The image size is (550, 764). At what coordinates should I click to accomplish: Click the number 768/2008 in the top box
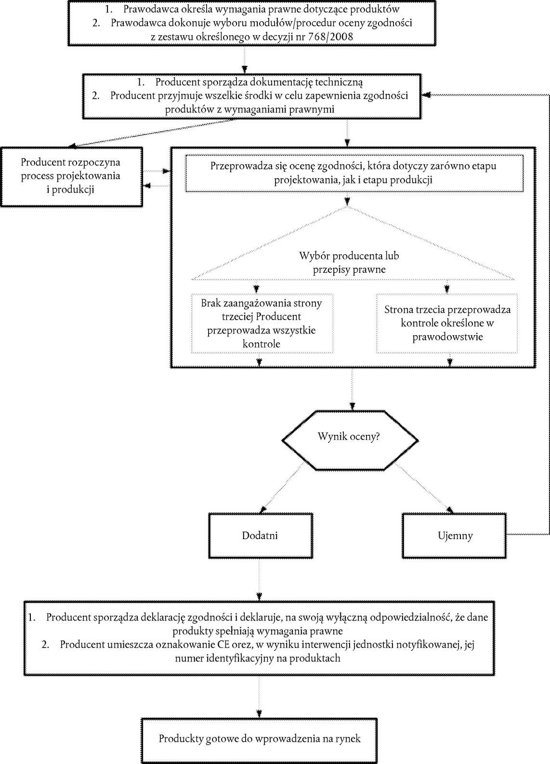click(x=330, y=37)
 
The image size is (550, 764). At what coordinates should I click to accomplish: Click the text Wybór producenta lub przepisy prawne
click(x=349, y=262)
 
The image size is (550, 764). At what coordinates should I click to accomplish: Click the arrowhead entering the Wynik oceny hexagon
click(x=352, y=406)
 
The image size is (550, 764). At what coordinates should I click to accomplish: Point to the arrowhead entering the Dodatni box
click(x=262, y=510)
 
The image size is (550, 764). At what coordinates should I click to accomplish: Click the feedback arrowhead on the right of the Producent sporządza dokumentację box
click(x=426, y=95)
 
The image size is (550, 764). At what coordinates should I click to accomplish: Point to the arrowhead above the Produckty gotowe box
click(x=259, y=714)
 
